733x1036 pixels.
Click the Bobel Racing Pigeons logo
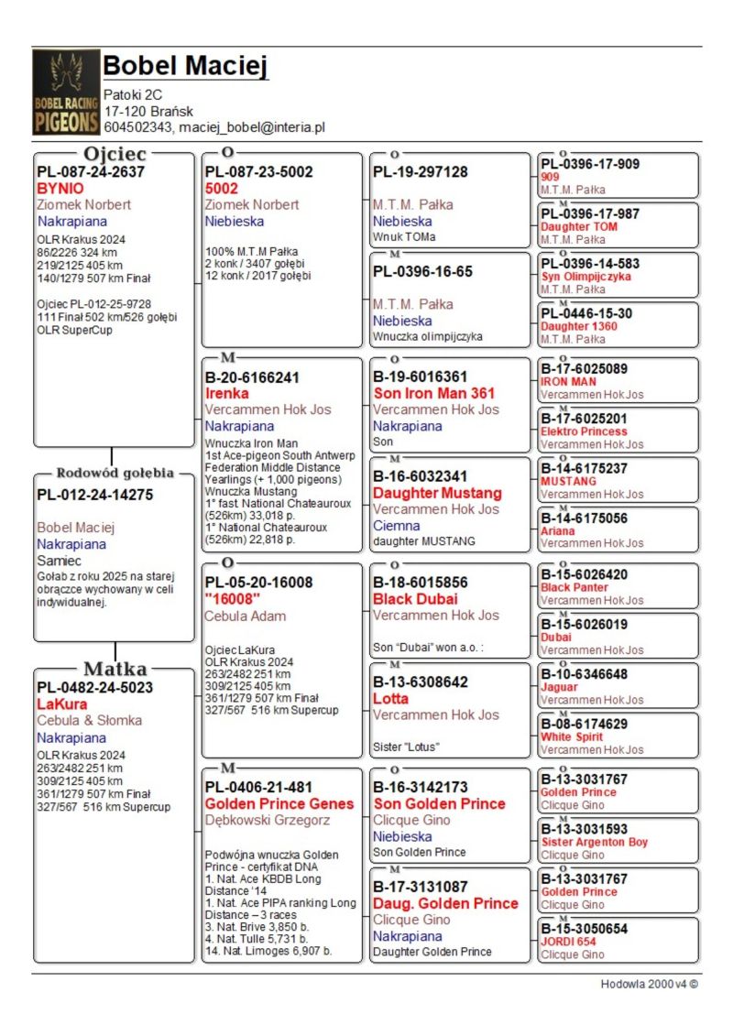[65, 92]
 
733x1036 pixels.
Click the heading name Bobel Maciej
[185, 67]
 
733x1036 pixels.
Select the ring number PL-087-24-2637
[91, 171]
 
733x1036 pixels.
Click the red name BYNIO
[60, 188]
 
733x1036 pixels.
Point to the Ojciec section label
[115, 153]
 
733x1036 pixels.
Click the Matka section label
[115, 669]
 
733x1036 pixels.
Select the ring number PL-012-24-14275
[94, 495]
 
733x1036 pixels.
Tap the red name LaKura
[62, 704]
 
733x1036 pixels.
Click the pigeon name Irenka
[226, 393]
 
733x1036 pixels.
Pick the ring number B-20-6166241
[252, 376]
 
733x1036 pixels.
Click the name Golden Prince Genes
[279, 803]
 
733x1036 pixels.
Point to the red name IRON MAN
[568, 381]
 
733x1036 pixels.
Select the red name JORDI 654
[568, 942]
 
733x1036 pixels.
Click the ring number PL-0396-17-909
[590, 164]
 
